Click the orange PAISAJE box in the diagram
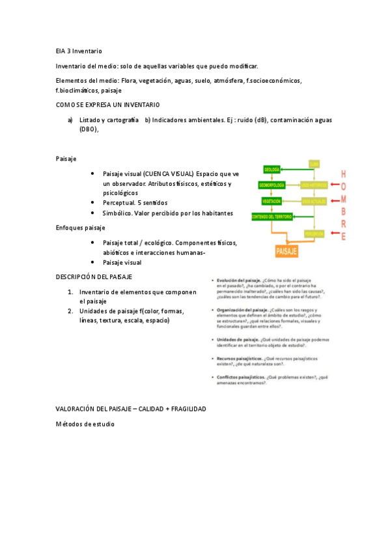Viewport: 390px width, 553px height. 287,250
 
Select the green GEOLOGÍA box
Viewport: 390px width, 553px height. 272,170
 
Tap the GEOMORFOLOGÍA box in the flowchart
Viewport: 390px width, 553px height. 272,186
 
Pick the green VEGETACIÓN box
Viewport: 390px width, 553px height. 272,202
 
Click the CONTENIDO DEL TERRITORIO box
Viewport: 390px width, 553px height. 272,217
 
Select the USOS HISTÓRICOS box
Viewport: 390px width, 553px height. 314,186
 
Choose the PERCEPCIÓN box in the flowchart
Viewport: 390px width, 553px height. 314,233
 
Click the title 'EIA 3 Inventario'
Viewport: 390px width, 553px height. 79,51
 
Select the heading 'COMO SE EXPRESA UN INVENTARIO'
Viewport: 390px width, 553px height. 108,105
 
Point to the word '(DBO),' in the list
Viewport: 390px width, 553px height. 89,129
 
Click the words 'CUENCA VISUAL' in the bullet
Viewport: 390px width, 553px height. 169,174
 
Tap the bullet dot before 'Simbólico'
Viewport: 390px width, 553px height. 94,213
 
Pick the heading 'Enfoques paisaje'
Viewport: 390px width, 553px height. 81,228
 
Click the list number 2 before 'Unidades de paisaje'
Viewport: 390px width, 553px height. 70,311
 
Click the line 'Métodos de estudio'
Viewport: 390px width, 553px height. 85,424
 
